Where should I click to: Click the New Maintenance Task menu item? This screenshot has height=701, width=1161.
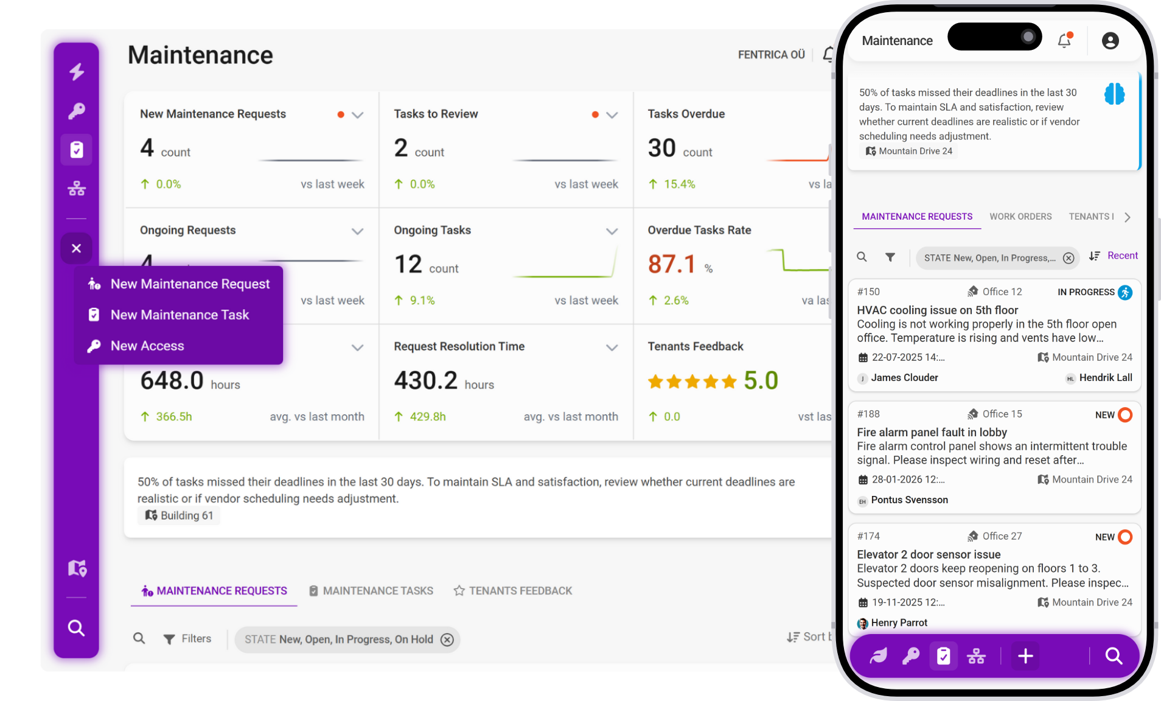(180, 315)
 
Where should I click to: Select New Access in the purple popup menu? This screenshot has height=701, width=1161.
(147, 346)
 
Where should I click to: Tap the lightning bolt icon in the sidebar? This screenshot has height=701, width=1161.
(77, 72)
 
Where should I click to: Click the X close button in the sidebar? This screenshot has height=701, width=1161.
(76, 248)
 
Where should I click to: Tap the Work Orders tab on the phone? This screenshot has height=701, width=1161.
(1020, 217)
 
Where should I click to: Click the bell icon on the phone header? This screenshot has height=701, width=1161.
(1064, 41)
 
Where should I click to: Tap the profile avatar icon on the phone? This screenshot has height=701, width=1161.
(1110, 41)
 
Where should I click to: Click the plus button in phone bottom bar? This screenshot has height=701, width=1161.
(1025, 656)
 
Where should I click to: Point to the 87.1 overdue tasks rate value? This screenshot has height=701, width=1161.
(672, 264)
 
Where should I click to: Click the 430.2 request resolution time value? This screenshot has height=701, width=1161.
(425, 381)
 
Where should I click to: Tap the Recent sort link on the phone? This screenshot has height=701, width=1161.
(1122, 256)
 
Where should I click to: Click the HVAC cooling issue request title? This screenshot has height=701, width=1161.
(937, 310)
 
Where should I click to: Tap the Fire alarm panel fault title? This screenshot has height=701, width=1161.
(932, 432)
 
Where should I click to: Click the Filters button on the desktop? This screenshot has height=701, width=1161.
(188, 639)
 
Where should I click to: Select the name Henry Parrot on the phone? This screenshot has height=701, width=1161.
(899, 623)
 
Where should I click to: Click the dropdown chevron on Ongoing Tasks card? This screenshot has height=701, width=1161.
(612, 231)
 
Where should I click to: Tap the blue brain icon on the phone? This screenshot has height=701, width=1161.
(1114, 94)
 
